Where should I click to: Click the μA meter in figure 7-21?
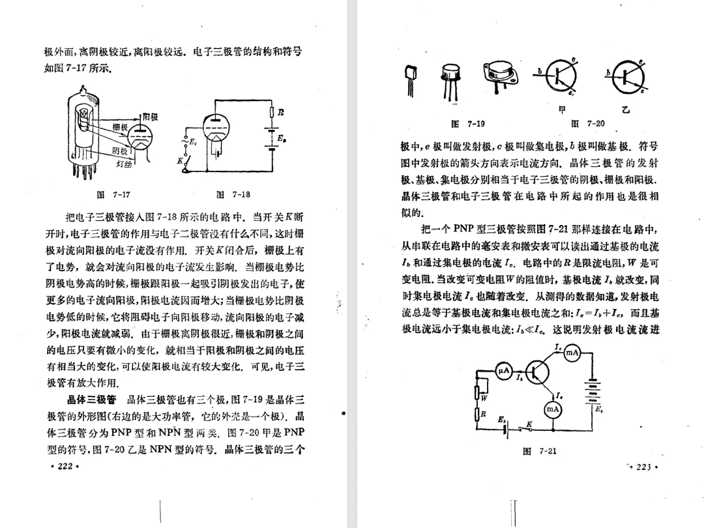coord(503,371)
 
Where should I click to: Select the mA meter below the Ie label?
coord(552,409)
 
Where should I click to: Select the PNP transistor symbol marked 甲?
coord(560,76)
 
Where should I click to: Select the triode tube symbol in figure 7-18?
coord(215,128)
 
